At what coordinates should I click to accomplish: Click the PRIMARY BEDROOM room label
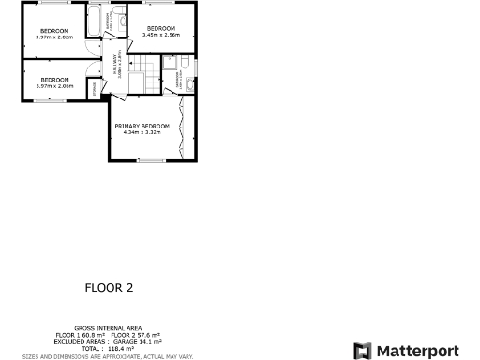tap(142, 126)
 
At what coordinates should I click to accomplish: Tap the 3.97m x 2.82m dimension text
tap(53, 37)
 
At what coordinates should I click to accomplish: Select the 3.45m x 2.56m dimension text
tap(160, 34)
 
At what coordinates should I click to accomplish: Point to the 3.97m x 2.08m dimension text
tap(53, 85)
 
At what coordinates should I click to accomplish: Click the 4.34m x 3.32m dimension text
tap(142, 132)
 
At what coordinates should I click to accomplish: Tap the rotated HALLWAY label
tap(116, 65)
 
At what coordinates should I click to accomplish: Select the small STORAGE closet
tap(94, 87)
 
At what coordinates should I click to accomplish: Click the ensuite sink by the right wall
tap(190, 85)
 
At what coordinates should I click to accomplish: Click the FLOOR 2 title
tap(110, 288)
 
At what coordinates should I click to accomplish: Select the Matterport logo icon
tap(362, 350)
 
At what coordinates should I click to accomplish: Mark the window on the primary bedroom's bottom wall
tap(150, 161)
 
